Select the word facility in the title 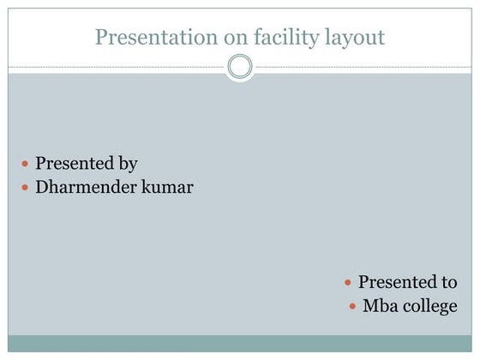coord(267,37)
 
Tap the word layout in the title coord(352,38)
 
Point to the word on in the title coord(219,37)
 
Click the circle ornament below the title coord(240,66)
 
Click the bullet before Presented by coord(25,163)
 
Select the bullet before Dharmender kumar coord(25,187)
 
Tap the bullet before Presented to coord(347,282)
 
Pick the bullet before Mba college coord(352,306)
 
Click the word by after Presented coord(127,163)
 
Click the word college coord(429,307)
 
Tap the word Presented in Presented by coord(74,163)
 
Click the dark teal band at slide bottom coord(240,343)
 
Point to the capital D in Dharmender coord(42,187)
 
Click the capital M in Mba coord(369,306)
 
